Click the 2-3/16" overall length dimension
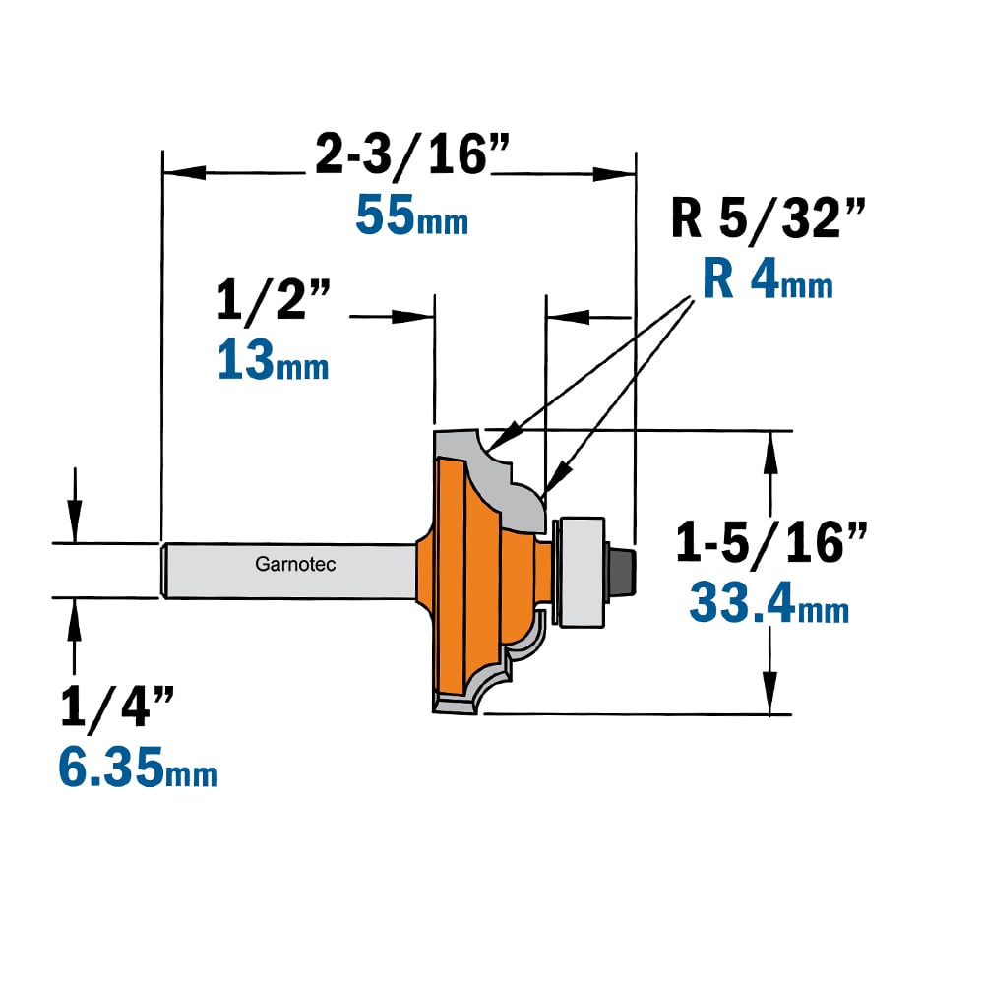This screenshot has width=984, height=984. (411, 154)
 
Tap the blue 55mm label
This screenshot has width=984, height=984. (411, 215)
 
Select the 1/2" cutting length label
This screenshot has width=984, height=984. (273, 301)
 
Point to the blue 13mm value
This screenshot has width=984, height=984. (273, 359)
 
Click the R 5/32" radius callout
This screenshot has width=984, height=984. (768, 217)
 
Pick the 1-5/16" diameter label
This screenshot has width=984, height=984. (770, 542)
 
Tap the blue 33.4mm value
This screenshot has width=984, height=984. (769, 602)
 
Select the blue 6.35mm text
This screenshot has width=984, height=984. (138, 767)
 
